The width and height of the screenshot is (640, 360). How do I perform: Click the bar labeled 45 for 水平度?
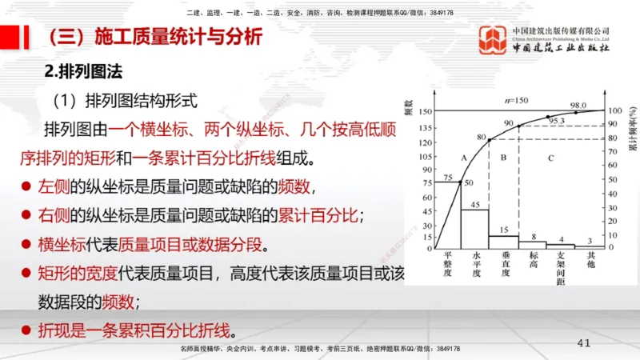pyautogui.click(x=475, y=227)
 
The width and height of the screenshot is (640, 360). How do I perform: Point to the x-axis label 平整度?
pyautogui.click(x=447, y=264)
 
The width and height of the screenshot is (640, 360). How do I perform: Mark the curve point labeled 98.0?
pyautogui.click(x=576, y=112)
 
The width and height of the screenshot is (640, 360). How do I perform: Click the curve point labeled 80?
pyautogui.click(x=490, y=139)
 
